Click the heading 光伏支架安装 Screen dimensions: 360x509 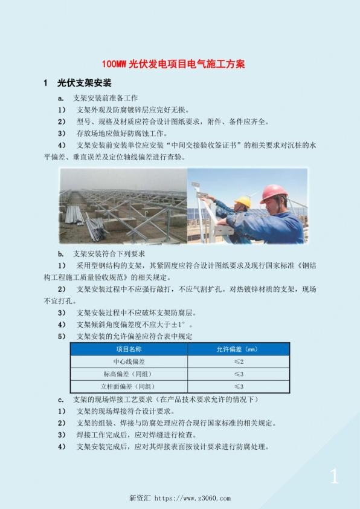click(84, 83)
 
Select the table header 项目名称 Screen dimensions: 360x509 click(129, 349)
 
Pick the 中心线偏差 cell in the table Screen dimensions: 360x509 click(129, 361)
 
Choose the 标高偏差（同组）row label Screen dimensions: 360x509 click(129, 374)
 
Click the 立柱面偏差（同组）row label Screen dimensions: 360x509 click(129, 386)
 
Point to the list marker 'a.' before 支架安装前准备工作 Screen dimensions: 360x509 click(61, 98)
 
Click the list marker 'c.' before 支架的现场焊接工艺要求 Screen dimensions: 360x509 click(61, 399)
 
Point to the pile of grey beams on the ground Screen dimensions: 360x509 click(94, 227)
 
